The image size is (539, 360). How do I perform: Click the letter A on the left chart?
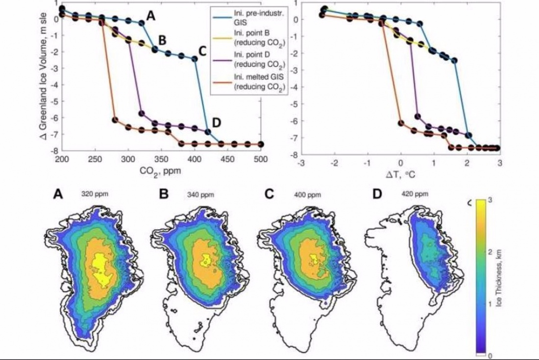coord(151,16)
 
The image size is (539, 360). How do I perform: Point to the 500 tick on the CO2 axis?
coord(261,160)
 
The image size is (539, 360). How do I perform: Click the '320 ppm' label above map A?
coord(95,194)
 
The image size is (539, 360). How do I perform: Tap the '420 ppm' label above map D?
coord(404,194)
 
